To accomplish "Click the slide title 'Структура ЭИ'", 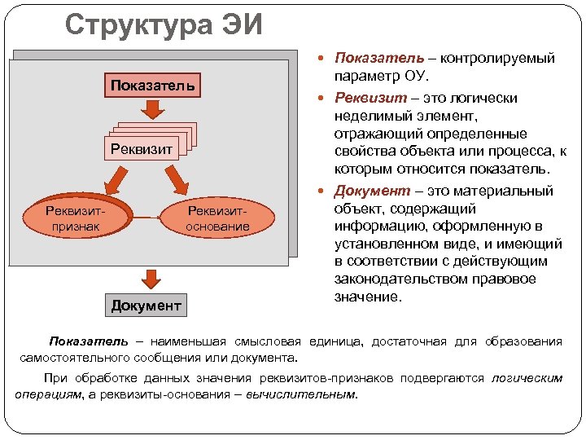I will coord(164,24).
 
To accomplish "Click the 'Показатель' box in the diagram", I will coord(152,85).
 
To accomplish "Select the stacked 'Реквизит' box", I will coord(144,148).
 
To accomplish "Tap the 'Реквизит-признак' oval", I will coord(78,218).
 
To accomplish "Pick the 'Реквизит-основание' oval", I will coord(217,218).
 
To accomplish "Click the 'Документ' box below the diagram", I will coord(146,306).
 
